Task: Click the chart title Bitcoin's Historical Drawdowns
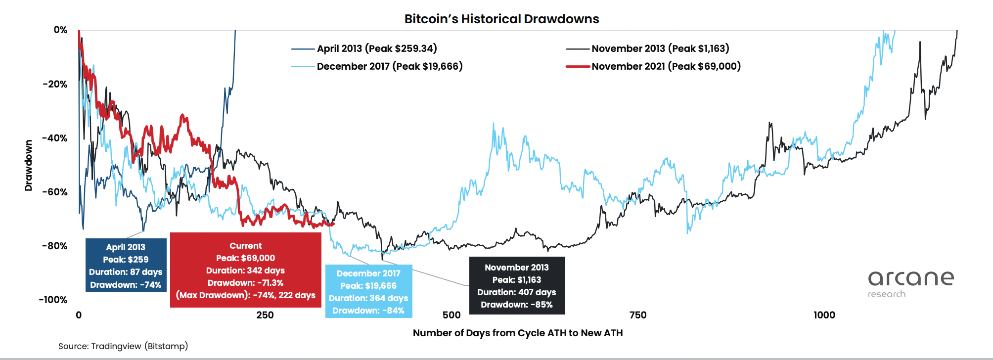[x=501, y=19]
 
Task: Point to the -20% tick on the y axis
[x=55, y=84]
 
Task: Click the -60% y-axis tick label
[x=55, y=192]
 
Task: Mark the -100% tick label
[x=53, y=300]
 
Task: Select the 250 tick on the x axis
[x=265, y=315]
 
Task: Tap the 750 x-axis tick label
[x=638, y=315]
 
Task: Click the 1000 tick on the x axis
[x=824, y=315]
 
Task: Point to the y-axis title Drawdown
[x=29, y=165]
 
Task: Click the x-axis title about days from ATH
[x=518, y=333]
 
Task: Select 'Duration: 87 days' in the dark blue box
[x=126, y=272]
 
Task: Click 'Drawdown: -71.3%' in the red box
[x=245, y=283]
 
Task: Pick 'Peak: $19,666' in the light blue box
[x=368, y=286]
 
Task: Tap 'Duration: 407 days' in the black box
[x=517, y=292]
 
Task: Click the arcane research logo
[x=911, y=284]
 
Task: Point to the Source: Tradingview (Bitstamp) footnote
[x=123, y=346]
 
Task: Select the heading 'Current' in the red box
[x=246, y=246]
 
